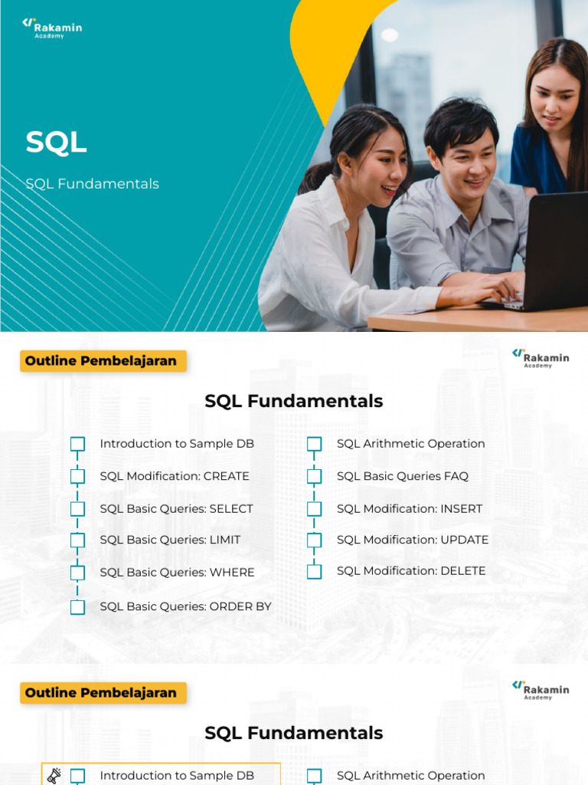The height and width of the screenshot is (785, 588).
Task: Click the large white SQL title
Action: coord(56,143)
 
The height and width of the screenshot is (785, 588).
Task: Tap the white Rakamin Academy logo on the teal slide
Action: coord(52,28)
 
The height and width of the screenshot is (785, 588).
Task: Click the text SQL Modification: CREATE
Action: coord(175,476)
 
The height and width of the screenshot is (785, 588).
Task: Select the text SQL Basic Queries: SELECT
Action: coord(176,508)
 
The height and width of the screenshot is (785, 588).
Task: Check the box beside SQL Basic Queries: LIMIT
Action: coord(77,540)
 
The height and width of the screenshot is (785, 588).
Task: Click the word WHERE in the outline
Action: coord(231,573)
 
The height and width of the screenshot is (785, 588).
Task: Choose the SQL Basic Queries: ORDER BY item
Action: coord(185,606)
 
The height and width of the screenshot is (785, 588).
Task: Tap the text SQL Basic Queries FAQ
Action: coord(402,476)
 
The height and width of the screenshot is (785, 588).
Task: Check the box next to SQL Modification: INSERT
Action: coord(315,509)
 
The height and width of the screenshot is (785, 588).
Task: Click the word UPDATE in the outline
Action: coord(464,540)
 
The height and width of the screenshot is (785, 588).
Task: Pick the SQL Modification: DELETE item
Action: coord(411,570)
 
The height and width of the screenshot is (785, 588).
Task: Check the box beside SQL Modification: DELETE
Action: coord(315,571)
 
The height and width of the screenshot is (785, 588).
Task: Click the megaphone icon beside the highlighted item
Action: coord(54,776)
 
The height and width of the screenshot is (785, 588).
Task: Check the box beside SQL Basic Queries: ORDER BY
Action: coord(77,607)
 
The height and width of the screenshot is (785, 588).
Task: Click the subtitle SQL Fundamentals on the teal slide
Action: coord(92,184)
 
